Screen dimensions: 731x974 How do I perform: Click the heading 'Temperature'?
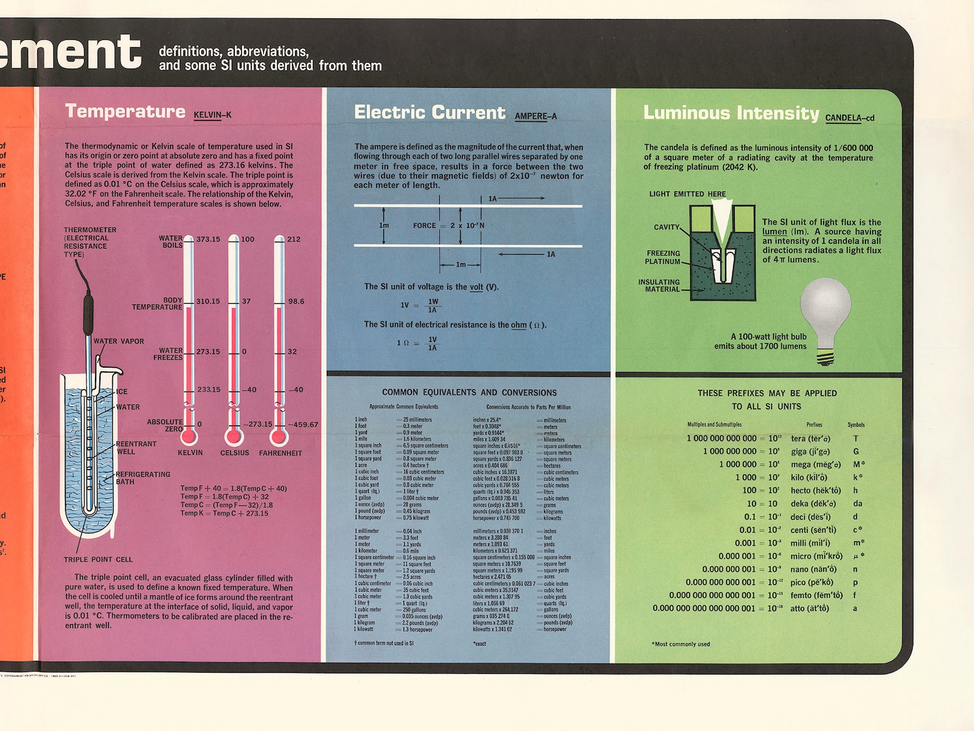pyautogui.click(x=125, y=111)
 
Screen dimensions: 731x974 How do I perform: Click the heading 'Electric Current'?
pyautogui.click(x=429, y=112)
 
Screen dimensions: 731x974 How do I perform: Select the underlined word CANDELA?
pyautogui.click(x=843, y=118)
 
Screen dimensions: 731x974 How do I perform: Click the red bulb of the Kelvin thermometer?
pyautogui.click(x=188, y=436)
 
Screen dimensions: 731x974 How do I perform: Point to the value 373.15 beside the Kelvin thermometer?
pyautogui.click(x=208, y=239)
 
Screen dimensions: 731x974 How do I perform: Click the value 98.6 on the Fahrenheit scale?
pyautogui.click(x=296, y=301)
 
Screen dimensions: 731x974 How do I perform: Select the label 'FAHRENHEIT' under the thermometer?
pyautogui.click(x=280, y=453)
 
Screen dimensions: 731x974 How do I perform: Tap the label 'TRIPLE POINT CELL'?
pyautogui.click(x=98, y=559)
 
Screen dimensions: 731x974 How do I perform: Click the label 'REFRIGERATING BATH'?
pyautogui.click(x=142, y=478)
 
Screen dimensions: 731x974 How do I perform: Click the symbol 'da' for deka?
pyautogui.click(x=857, y=503)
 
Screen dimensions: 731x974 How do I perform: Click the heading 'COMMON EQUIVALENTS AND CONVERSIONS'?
pyautogui.click(x=469, y=392)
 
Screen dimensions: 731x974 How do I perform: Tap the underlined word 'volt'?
pyautogui.click(x=477, y=287)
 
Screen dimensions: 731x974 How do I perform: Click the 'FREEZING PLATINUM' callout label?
pyautogui.click(x=663, y=257)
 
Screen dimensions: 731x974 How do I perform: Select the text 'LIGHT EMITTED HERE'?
pyautogui.click(x=687, y=194)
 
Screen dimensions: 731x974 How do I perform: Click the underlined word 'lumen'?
pyautogui.click(x=774, y=231)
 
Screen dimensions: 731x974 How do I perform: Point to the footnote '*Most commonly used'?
pyautogui.click(x=680, y=644)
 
